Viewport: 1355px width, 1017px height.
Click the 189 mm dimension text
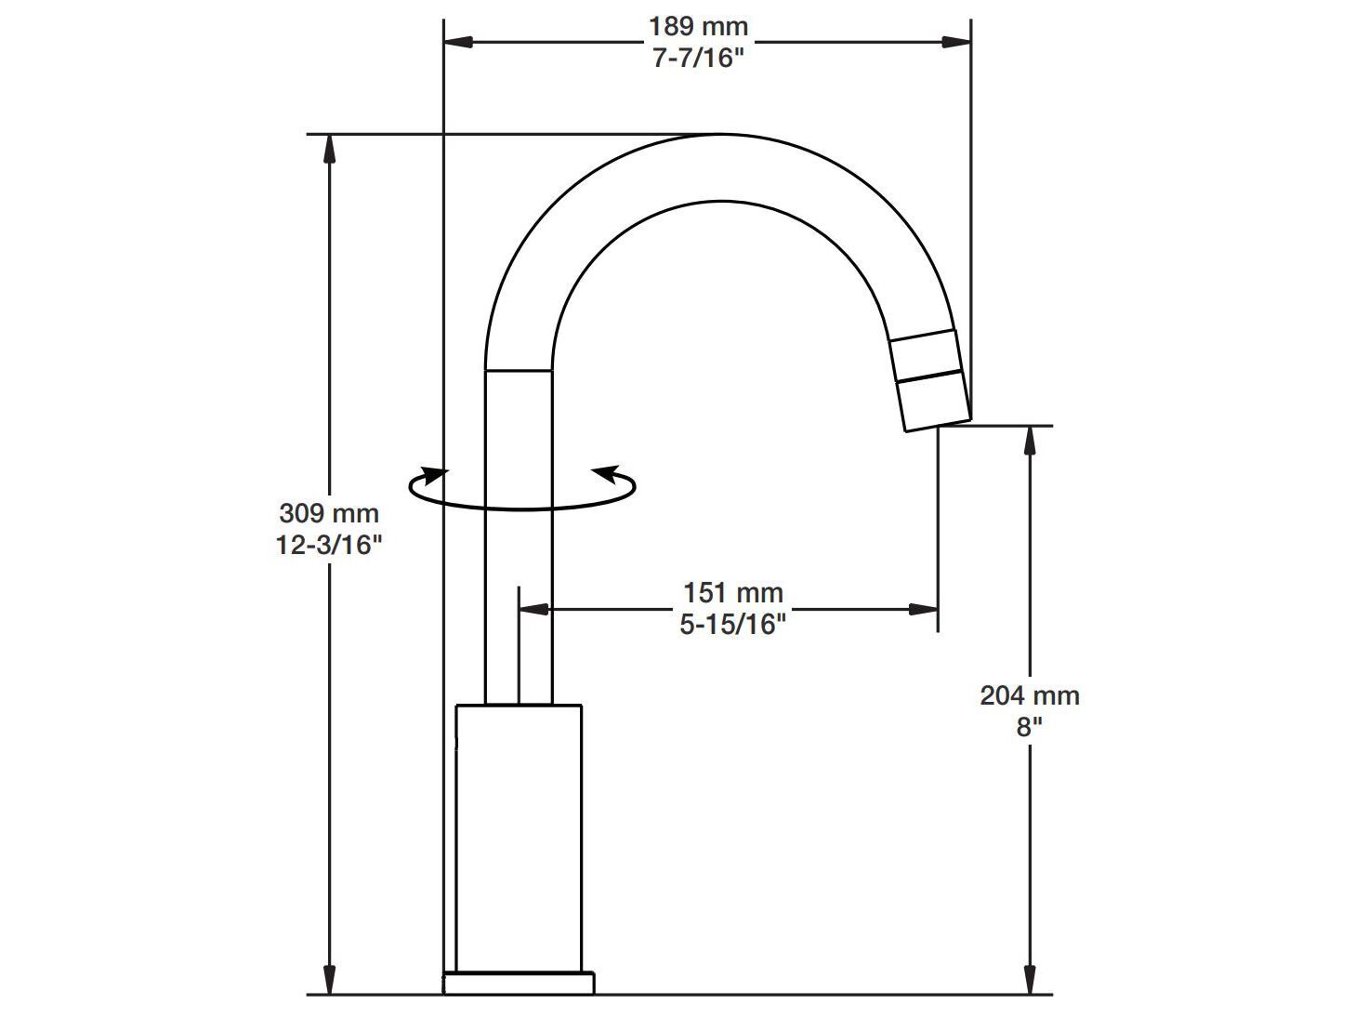(x=697, y=27)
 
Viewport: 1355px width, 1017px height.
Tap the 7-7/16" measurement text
(x=698, y=59)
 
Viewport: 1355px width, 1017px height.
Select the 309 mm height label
(x=329, y=512)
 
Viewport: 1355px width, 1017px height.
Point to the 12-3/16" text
(x=329, y=545)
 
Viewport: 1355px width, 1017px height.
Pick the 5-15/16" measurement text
(x=732, y=625)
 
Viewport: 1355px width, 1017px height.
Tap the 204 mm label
(x=1029, y=695)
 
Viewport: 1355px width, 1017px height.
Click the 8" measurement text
(x=1029, y=727)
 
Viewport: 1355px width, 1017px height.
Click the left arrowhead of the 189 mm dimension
(x=459, y=42)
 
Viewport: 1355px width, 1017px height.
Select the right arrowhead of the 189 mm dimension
(x=956, y=42)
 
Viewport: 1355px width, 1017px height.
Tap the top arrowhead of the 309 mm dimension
(x=329, y=150)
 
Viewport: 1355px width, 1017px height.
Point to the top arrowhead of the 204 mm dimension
(x=1029, y=441)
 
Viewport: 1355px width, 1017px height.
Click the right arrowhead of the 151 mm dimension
(x=922, y=610)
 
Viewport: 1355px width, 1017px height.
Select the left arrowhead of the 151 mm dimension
(x=534, y=610)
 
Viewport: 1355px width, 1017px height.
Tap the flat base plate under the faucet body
(x=519, y=983)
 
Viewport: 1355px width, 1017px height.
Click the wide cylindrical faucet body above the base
(x=519, y=837)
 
